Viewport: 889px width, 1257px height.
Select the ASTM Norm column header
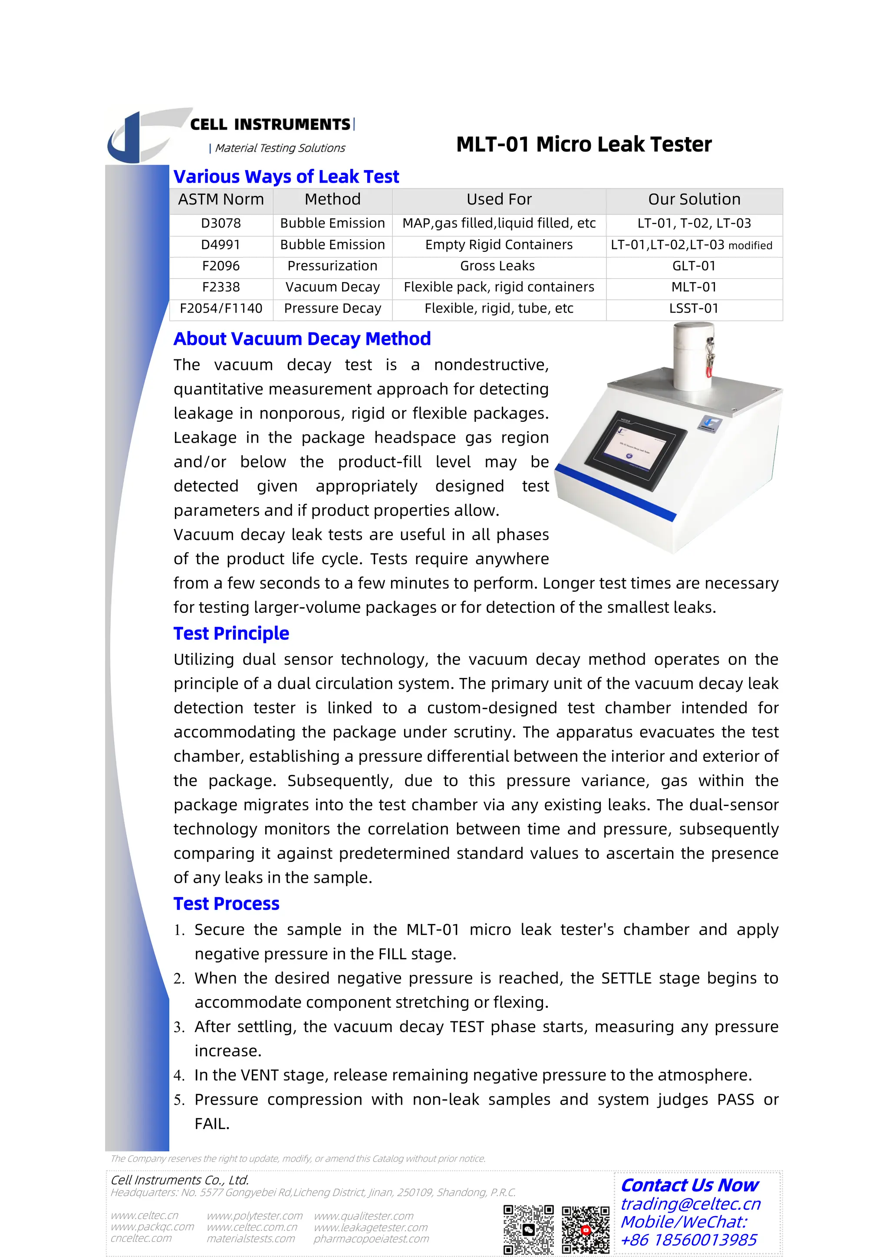click(221, 200)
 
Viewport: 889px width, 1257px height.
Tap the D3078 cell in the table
click(221, 224)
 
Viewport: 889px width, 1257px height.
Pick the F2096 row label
click(221, 266)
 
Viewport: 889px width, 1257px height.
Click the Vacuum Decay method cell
click(332, 287)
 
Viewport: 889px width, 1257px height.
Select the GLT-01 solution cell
click(694, 266)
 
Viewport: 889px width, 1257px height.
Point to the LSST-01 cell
click(694, 309)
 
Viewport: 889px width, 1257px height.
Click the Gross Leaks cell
click(497, 266)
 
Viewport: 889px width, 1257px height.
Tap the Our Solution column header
click(694, 200)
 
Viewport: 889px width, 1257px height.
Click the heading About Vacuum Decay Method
click(302, 339)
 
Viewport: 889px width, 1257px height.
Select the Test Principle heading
click(231, 633)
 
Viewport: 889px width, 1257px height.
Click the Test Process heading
click(226, 904)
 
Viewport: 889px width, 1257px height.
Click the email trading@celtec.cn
click(690, 1204)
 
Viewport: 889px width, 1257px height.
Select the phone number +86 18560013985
click(688, 1240)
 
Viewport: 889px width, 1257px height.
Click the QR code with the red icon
click(585, 1229)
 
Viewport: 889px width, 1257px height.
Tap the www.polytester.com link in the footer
click(254, 1216)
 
